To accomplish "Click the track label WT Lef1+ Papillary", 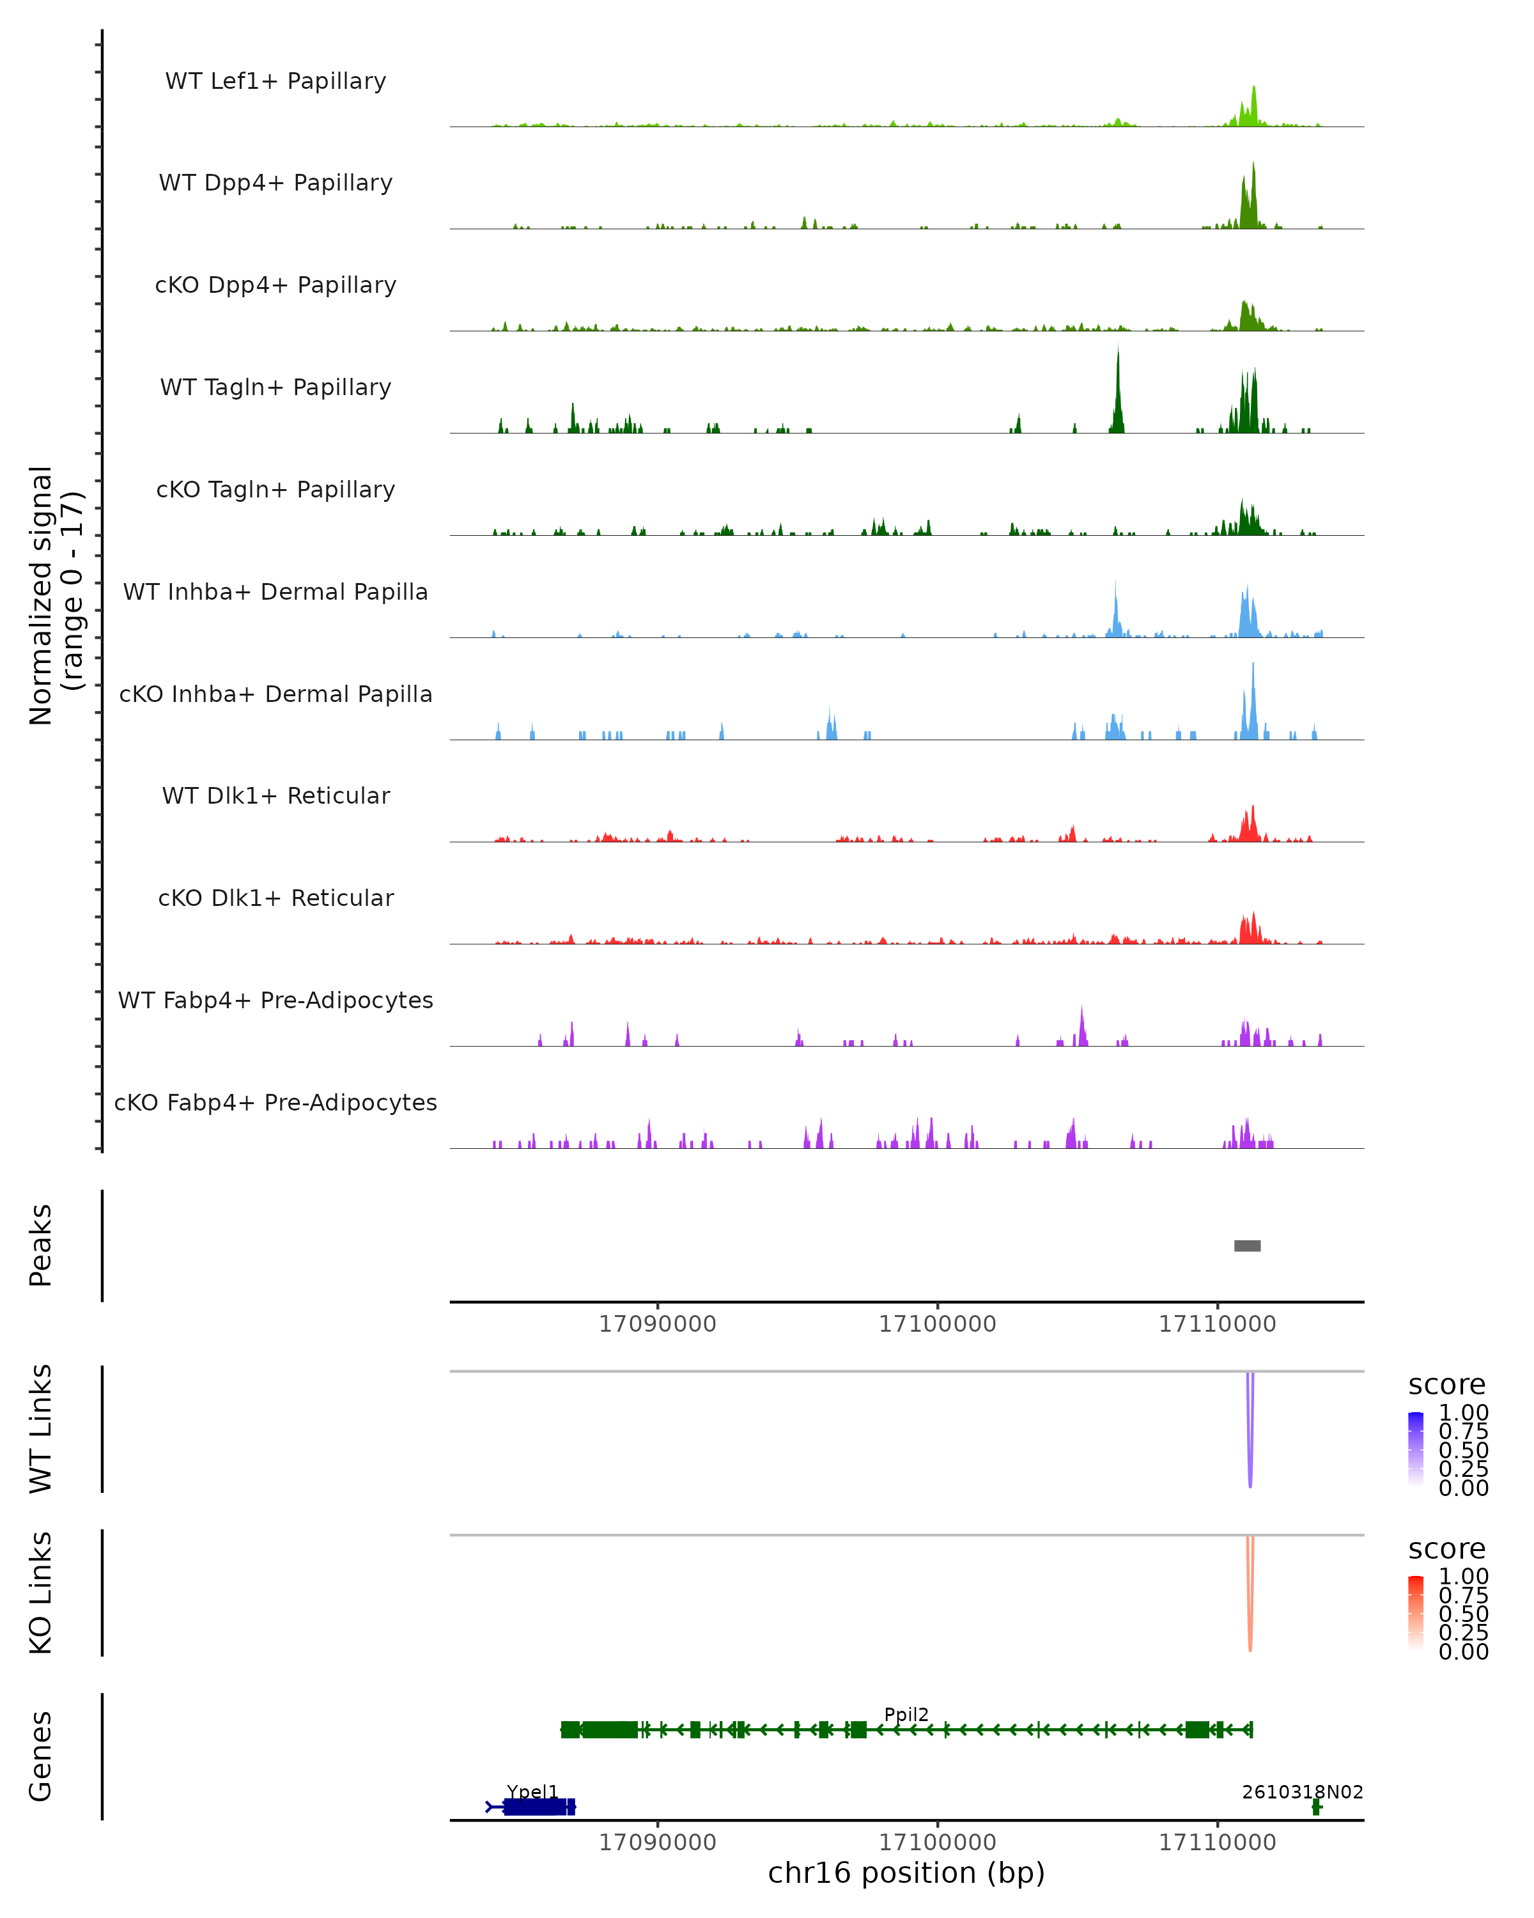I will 275,81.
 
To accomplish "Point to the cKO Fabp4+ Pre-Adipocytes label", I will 275,1102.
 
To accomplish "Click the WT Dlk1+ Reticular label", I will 275,795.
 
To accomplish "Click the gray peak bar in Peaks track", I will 1247,1245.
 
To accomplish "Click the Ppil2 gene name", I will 906,1714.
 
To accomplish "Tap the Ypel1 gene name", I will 532,1791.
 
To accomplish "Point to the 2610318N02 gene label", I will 1302,1791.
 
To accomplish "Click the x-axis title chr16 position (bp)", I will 906,1873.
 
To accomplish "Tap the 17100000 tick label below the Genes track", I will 937,1843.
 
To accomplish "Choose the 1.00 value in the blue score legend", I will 1463,1412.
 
